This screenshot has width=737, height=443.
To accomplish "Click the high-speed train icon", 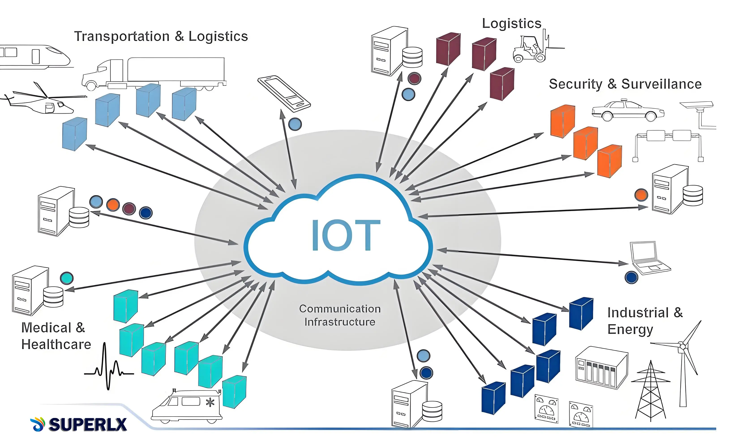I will point(34,57).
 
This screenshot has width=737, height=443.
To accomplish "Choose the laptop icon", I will point(648,258).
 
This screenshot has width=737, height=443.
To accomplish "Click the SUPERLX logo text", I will point(87,424).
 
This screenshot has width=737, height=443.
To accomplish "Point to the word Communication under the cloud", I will point(340,309).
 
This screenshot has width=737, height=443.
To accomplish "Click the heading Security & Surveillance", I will point(625,84).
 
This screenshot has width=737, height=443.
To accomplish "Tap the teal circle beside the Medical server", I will point(66,278).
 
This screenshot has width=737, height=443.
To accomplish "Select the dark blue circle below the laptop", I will point(631,277).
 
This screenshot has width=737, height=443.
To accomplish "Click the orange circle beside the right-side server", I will point(641,195).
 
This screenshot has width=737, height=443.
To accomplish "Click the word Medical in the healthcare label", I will point(46,328).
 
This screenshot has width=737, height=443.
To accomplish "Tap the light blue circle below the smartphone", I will point(295,124).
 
